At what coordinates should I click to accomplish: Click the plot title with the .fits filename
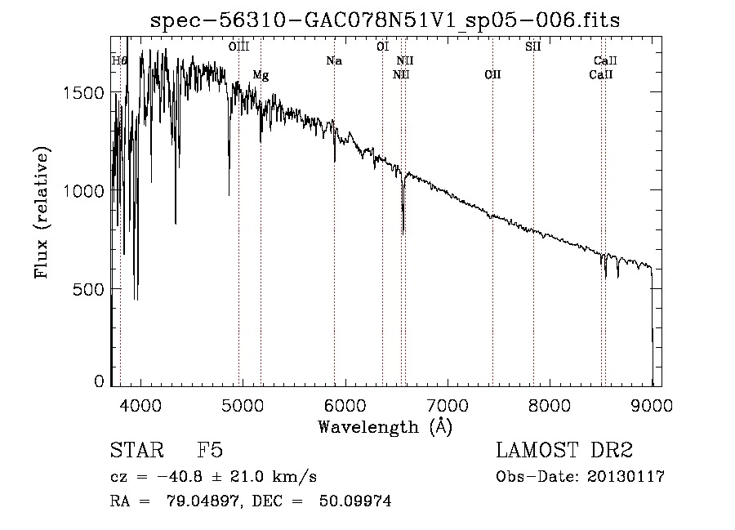385,20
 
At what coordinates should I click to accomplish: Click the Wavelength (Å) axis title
385,427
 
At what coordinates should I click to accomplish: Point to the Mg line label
261,75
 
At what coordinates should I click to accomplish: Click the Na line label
333,60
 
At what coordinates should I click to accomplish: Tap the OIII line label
238,47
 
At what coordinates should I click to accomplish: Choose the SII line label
532,47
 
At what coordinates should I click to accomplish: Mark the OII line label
492,75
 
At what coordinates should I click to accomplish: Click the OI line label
382,47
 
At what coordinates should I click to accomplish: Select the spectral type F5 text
210,451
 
